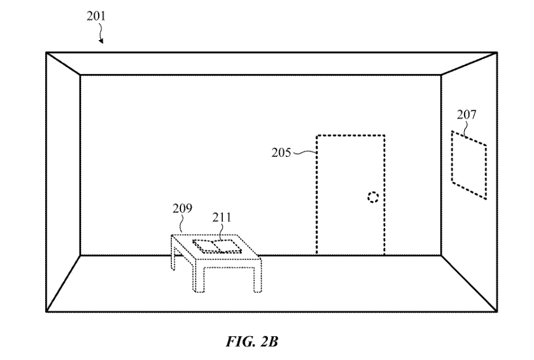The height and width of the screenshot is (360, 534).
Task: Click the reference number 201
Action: click(96, 16)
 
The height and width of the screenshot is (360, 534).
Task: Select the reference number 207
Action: click(466, 116)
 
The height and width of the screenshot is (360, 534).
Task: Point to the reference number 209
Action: click(182, 209)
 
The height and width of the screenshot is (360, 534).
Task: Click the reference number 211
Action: click(222, 217)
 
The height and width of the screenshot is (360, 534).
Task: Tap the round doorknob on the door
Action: click(372, 197)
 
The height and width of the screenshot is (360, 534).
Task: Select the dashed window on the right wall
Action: click(469, 164)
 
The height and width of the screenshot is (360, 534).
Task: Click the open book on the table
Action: click(217, 245)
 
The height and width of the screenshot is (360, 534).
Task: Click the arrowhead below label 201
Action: click(103, 41)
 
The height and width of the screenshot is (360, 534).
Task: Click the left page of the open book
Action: click(208, 245)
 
